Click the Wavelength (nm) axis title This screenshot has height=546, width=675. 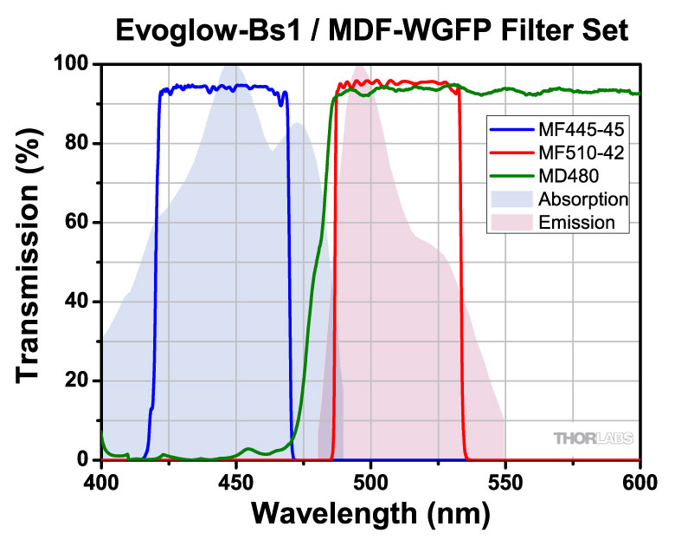(x=370, y=515)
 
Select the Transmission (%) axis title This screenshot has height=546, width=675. (x=29, y=262)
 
